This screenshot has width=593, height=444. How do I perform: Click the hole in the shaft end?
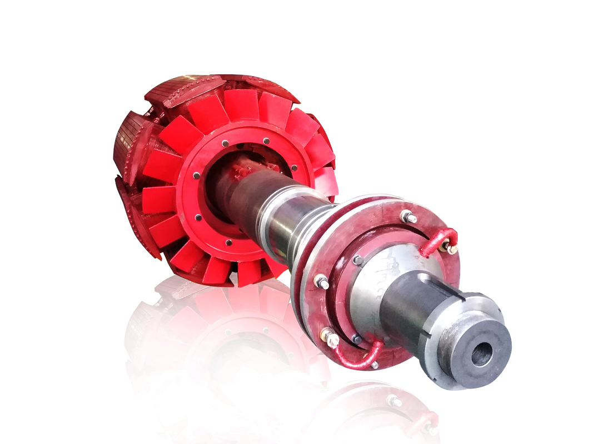[481, 354]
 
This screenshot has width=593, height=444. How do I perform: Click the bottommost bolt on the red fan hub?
[228, 243]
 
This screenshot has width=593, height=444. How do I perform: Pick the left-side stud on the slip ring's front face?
[321, 282]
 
